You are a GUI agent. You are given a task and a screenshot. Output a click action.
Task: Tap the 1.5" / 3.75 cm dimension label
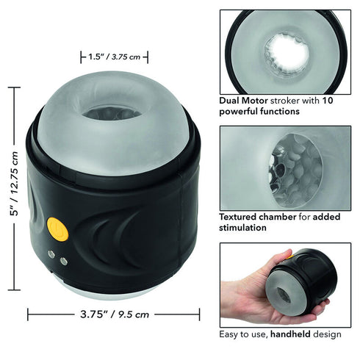point(114,57)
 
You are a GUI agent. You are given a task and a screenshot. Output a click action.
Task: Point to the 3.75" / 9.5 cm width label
point(113,314)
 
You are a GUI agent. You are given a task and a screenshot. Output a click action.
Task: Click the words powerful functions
point(259,112)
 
